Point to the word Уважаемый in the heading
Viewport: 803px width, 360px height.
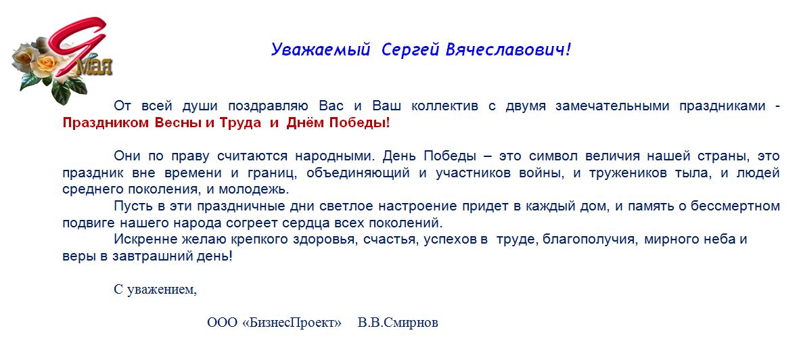point(319,49)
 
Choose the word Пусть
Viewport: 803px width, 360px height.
point(129,206)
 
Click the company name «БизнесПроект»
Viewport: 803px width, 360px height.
point(292,323)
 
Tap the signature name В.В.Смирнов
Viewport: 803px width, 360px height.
point(398,323)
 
